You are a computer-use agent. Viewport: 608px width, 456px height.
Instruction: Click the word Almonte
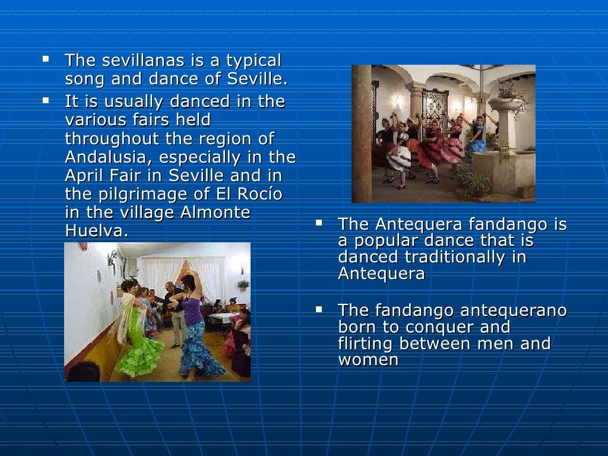point(215,213)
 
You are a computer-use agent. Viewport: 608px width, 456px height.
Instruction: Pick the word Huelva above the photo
point(95,231)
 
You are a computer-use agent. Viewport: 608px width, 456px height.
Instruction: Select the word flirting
point(366,344)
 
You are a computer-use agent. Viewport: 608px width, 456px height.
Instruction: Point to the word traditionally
point(457,257)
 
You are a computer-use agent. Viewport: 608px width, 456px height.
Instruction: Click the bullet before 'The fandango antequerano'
point(319,309)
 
